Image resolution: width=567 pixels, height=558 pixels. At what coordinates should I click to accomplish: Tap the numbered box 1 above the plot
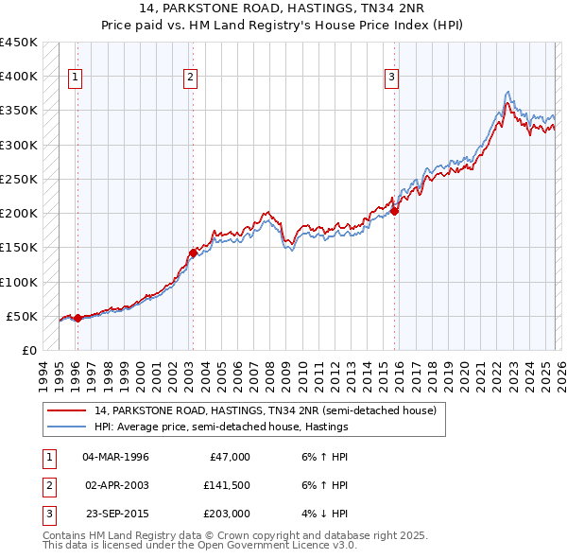tap(75, 78)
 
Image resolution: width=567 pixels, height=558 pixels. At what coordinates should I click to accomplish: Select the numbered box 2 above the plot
tap(190, 78)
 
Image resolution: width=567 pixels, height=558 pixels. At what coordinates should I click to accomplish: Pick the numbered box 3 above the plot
tap(391, 78)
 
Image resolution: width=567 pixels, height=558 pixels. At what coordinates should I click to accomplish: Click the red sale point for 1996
tap(77, 319)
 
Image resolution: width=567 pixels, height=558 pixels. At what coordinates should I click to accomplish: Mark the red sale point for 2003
tap(192, 253)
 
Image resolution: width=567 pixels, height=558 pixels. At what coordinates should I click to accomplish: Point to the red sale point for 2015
tap(394, 212)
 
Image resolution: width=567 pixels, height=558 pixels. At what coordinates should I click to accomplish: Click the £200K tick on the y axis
tap(19, 214)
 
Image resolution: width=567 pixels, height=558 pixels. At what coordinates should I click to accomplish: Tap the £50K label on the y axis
tap(22, 316)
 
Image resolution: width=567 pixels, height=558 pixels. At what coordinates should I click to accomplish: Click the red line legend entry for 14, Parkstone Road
tap(265, 411)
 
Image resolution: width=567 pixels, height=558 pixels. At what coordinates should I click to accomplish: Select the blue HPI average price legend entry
tap(221, 427)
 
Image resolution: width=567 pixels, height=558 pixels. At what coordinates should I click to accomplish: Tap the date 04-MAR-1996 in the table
tap(115, 457)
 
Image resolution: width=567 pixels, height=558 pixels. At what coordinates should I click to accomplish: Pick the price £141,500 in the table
tap(226, 485)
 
